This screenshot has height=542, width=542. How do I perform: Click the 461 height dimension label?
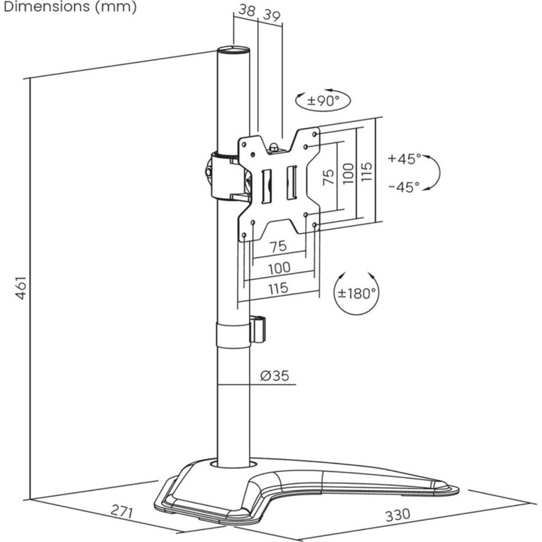[x=21, y=288]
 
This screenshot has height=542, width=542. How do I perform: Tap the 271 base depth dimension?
[x=122, y=511]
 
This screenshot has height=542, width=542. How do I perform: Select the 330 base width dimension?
[x=397, y=515]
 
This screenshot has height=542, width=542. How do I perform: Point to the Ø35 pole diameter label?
[x=275, y=376]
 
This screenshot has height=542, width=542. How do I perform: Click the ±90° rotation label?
[x=324, y=101]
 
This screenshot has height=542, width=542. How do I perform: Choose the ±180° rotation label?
[x=357, y=294]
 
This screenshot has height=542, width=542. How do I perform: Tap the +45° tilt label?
[x=404, y=158]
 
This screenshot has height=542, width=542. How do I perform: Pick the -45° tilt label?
[x=403, y=187]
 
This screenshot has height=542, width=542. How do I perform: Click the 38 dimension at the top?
[x=247, y=10]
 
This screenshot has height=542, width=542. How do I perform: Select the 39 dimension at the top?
[x=272, y=15]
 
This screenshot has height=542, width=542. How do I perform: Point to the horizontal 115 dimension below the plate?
[x=279, y=288]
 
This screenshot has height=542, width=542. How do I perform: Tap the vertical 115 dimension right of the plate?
[x=366, y=171]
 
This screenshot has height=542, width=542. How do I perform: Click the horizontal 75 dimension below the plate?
[x=278, y=246]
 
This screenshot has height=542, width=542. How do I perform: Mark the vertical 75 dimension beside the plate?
[x=328, y=177]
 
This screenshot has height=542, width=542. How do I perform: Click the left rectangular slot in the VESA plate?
[x=266, y=187]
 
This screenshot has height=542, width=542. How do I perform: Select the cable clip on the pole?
[x=257, y=329]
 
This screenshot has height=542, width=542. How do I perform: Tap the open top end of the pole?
[x=233, y=50]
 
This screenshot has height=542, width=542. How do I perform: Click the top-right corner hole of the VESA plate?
[x=314, y=134]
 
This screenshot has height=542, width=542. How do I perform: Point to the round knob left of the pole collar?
[x=209, y=172]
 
